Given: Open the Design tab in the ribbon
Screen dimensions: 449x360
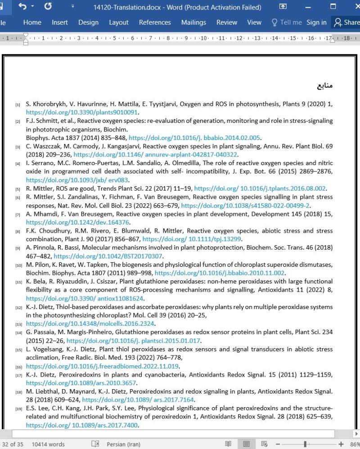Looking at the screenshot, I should pyautogui.click(x=88, y=22).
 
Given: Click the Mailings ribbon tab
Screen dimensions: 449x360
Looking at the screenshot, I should pyautogui.click(x=193, y=22).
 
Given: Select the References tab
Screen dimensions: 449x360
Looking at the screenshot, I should pyautogui.click(x=155, y=22).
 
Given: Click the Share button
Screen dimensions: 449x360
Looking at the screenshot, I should pyautogui.click(x=346, y=22).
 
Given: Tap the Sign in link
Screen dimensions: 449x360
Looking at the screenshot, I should pyautogui.click(x=316, y=22).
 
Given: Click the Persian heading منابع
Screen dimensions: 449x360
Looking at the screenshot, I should pyautogui.click(x=325, y=85).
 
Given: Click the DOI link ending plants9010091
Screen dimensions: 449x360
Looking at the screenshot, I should pyautogui.click(x=82, y=112).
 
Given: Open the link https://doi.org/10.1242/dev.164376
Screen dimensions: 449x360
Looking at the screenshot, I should pyautogui.click(x=78, y=222).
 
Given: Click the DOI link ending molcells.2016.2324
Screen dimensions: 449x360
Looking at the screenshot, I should pyautogui.click(x=90, y=323).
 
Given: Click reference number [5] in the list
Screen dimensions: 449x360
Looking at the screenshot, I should pyautogui.click(x=18, y=189).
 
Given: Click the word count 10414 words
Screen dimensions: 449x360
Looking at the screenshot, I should pyautogui.click(x=48, y=445).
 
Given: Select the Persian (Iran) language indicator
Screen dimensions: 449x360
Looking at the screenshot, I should pyautogui.click(x=123, y=445).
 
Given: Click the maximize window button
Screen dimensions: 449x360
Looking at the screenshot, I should pyautogui.click(x=333, y=7).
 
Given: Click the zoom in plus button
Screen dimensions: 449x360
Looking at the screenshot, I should pyautogui.click(x=341, y=445).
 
